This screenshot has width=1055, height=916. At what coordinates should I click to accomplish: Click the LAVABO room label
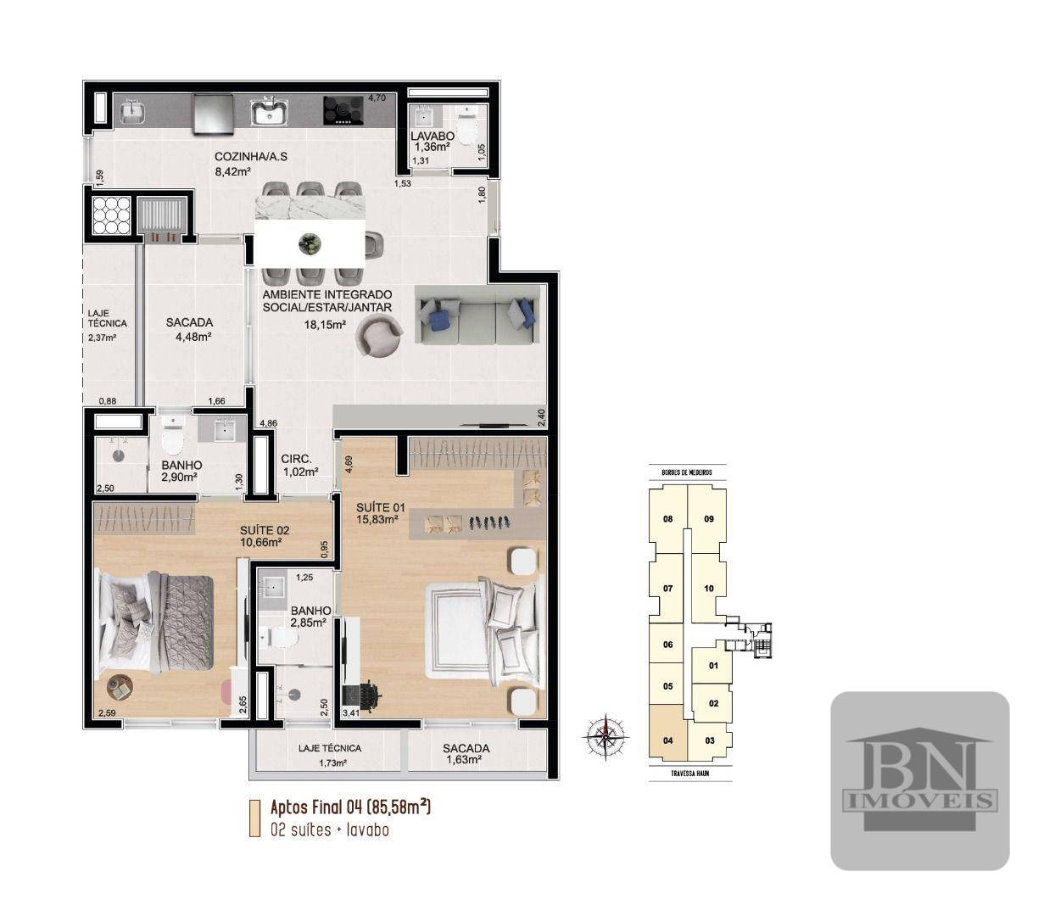433,136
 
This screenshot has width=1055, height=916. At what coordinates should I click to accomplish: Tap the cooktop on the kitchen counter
343,111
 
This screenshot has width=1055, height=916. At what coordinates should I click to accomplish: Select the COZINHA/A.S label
244,157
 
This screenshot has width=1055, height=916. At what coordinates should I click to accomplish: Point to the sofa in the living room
477,315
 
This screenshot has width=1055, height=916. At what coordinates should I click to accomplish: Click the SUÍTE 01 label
381,507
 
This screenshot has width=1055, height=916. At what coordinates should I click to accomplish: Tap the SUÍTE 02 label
265,531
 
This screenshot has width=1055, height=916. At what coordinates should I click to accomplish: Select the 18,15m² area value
325,324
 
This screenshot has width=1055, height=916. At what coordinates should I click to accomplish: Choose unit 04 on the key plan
668,740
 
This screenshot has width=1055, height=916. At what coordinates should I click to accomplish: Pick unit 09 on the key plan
709,519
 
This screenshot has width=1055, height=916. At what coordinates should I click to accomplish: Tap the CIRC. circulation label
297,459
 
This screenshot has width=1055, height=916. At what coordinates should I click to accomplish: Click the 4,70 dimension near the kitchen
377,98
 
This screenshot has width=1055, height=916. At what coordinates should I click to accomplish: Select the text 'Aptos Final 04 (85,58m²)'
350,807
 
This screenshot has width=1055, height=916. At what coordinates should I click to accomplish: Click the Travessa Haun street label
689,774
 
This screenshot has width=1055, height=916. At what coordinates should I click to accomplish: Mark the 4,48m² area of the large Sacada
193,337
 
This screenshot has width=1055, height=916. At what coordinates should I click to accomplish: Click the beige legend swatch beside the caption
254,818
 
